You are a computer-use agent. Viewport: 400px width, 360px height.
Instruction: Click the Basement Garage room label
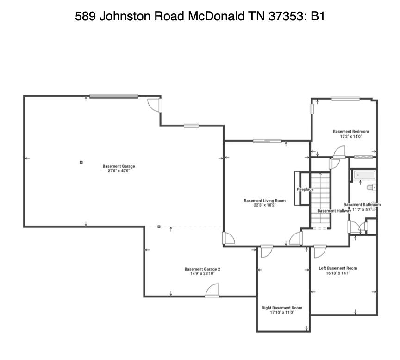[119, 166]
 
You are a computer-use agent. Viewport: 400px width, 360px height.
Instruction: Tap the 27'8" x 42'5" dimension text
[119, 171]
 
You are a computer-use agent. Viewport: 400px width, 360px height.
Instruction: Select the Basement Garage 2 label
[202, 269]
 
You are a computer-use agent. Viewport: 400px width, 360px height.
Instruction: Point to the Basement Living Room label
[264, 201]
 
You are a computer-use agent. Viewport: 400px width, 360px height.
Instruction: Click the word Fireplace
[305, 189]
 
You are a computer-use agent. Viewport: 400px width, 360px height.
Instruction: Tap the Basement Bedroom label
[350, 132]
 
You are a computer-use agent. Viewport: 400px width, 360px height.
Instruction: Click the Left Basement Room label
[337, 268]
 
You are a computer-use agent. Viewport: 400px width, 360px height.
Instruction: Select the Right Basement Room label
[281, 308]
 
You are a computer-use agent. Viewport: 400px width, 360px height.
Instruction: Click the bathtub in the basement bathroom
[364, 175]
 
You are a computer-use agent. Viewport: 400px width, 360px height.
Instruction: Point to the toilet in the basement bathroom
[370, 188]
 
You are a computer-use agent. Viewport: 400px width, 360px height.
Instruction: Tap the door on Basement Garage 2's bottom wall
[212, 292]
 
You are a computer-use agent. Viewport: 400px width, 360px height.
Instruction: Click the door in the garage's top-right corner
[155, 105]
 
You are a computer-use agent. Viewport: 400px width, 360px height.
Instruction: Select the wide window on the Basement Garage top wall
[113, 96]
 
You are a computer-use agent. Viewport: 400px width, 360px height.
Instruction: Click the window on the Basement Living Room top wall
[267, 141]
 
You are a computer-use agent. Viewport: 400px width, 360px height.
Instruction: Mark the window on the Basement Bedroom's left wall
[312, 108]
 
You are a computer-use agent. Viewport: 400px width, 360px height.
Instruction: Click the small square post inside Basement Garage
[81, 162]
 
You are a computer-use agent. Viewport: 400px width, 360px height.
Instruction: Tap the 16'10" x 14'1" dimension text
[337, 273]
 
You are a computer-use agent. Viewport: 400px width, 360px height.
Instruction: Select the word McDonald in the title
[216, 16]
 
